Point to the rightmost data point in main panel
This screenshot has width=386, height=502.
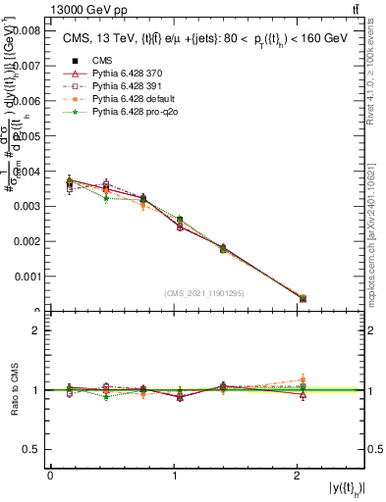click(303, 298)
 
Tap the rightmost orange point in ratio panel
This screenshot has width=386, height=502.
click(303, 379)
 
